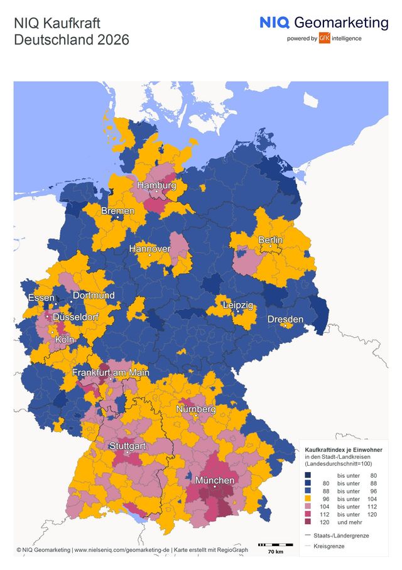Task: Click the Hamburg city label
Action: pyautogui.click(x=156, y=186)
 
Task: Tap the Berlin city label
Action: pyautogui.click(x=271, y=240)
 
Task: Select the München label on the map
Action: pyautogui.click(x=215, y=480)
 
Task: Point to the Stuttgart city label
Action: pyautogui.click(x=127, y=446)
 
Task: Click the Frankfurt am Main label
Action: pyautogui.click(x=111, y=373)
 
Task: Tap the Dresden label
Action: pyautogui.click(x=285, y=320)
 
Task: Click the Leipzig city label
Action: pyautogui.click(x=238, y=305)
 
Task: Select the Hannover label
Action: pyautogui.click(x=149, y=249)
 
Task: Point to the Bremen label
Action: pyautogui.click(x=118, y=211)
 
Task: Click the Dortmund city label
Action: pyautogui.click(x=94, y=295)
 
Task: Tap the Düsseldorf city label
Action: pyautogui.click(x=75, y=317)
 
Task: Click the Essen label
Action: pyautogui.click(x=41, y=298)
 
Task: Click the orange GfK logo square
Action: pyautogui.click(x=325, y=38)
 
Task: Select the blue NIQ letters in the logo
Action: pyautogui.click(x=274, y=23)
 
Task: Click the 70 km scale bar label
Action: pyautogui.click(x=275, y=551)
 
